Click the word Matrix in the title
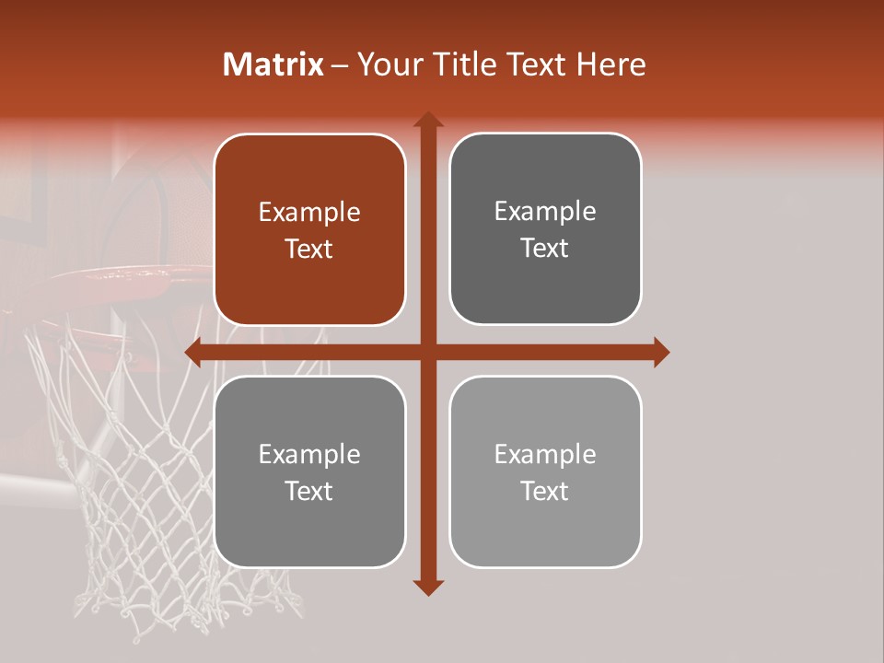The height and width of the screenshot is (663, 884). coord(273,64)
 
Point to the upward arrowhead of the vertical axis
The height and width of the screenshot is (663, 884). coord(427,120)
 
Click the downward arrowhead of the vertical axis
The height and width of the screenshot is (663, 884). coord(427,587)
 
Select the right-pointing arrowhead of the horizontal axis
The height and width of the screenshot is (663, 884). coord(660,352)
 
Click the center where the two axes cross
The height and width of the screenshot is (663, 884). coord(427,352)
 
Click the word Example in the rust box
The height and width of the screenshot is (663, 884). coord(309,213)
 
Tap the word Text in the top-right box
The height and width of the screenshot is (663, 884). coord(545,249)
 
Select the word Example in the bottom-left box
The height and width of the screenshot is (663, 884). coord(309,454)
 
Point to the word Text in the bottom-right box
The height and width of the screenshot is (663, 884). coord(545,491)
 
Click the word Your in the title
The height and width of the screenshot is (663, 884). coord(385,64)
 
